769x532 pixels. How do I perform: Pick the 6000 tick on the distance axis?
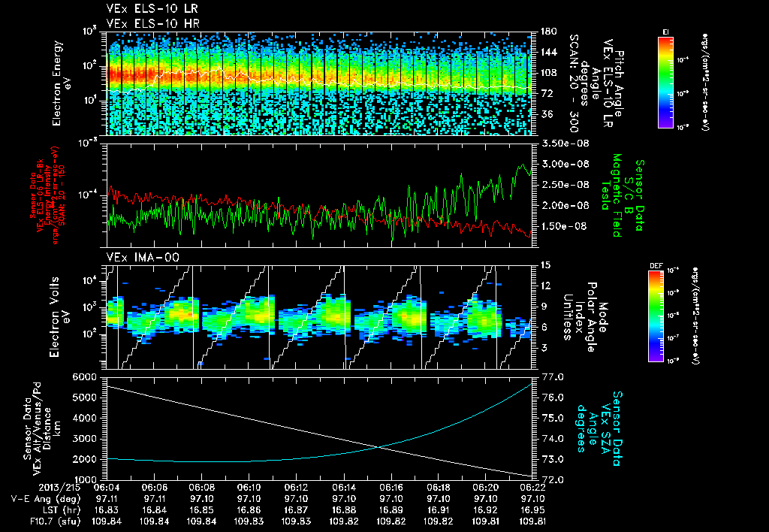point(87,376)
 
